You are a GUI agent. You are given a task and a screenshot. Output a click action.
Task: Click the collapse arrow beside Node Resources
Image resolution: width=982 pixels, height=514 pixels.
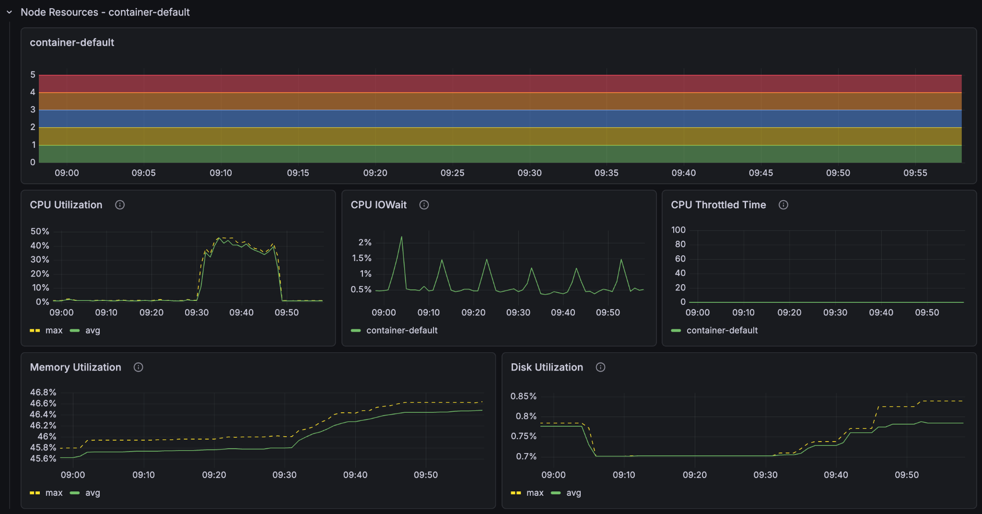tap(9, 12)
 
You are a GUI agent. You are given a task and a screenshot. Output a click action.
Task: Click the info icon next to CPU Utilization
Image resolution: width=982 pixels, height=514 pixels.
tap(120, 205)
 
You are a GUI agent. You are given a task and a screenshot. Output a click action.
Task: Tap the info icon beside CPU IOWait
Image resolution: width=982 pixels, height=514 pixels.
tap(424, 205)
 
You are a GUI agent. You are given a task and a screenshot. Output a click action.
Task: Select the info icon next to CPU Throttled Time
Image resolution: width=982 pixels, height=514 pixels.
tap(783, 205)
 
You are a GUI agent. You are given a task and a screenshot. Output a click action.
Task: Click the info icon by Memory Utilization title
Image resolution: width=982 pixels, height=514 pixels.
tap(138, 367)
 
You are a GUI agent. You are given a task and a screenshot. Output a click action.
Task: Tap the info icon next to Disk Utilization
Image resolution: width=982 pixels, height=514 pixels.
tap(600, 367)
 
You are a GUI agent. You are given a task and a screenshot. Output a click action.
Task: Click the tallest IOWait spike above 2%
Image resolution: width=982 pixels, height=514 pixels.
tap(401, 237)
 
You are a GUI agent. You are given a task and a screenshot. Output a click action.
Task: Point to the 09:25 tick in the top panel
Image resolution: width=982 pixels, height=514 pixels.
tap(452, 173)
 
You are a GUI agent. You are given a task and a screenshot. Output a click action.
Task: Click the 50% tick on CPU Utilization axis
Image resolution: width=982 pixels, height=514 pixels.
tap(40, 231)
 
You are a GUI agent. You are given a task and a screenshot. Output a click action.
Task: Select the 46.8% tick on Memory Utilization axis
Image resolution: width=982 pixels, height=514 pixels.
tap(43, 392)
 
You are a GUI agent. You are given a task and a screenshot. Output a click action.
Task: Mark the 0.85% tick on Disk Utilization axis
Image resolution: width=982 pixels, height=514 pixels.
tap(523, 396)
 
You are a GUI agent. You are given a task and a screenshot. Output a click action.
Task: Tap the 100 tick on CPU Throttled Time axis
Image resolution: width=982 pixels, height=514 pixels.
tap(678, 230)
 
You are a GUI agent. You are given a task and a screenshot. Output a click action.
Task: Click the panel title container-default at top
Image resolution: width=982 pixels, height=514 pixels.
tap(72, 43)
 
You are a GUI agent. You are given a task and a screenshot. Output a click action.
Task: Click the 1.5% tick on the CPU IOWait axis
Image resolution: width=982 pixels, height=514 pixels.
tap(362, 258)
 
